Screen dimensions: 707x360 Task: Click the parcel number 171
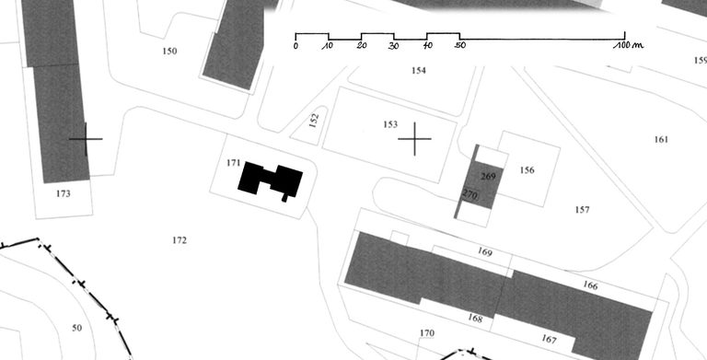233,163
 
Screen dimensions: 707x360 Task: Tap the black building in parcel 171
271,180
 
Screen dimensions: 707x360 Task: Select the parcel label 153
390,124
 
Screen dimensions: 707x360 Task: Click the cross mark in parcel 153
414,139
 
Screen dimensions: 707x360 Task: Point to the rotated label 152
314,120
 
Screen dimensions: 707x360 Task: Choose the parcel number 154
419,70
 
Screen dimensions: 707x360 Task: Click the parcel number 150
169,51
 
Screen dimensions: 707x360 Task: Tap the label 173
64,193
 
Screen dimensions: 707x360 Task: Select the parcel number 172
180,240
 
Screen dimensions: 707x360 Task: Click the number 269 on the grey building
488,177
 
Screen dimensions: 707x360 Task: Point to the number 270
469,195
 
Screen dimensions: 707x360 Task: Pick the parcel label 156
527,170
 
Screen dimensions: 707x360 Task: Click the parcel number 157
582,209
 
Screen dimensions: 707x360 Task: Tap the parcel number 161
661,139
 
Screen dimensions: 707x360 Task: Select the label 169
485,252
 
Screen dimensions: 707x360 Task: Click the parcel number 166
590,285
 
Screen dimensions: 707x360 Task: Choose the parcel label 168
475,318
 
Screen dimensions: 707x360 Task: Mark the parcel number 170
427,333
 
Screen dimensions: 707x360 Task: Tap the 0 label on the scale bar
296,46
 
